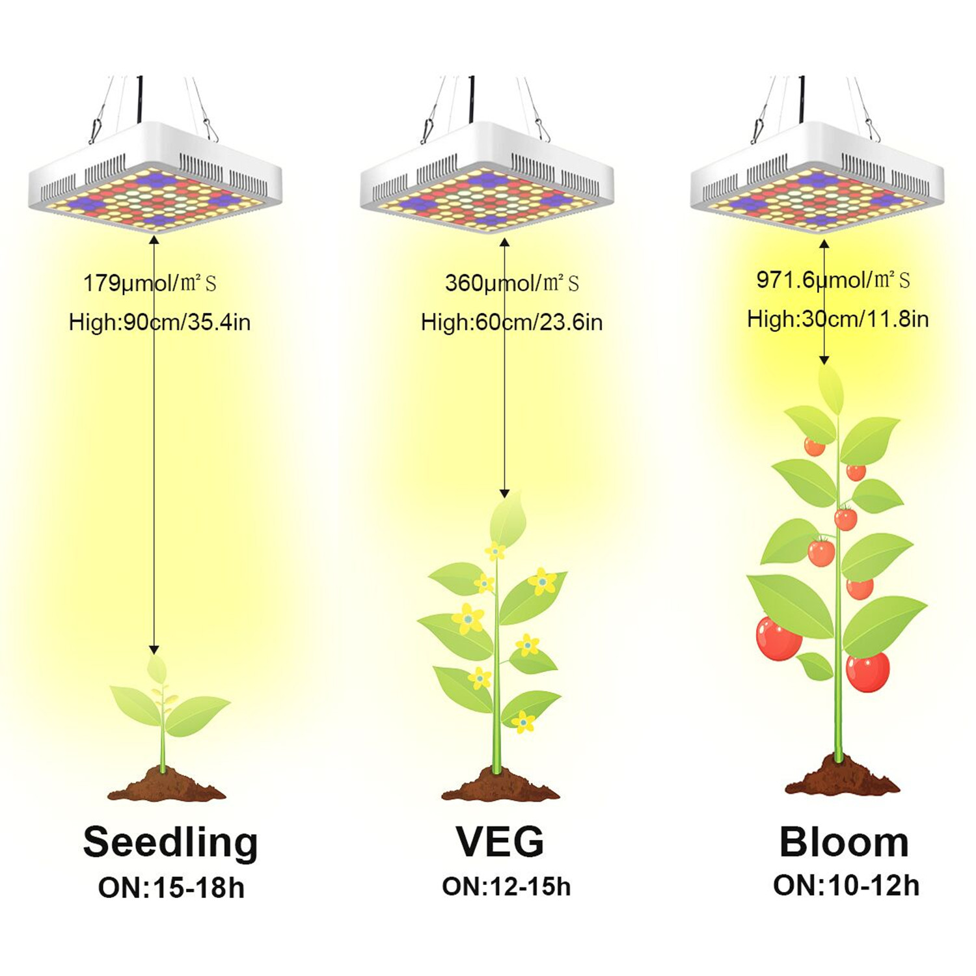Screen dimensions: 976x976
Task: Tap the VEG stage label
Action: [500, 841]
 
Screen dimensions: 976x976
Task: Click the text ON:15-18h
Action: [171, 888]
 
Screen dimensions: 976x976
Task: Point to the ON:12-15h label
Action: [506, 887]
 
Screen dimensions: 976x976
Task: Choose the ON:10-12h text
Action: [846, 886]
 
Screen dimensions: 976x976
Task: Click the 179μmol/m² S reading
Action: [150, 283]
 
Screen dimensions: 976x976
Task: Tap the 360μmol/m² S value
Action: [511, 283]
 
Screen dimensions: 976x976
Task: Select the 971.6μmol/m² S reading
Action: [833, 280]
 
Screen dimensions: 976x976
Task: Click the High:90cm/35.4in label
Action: [159, 322]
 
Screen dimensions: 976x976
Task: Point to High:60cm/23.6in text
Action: [511, 322]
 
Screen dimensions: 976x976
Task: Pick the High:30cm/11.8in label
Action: [837, 319]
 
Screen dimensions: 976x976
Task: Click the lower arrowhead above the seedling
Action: [154, 649]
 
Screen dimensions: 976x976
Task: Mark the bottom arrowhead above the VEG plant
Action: [504, 493]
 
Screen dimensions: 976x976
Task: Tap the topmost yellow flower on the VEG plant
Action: [495, 552]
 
